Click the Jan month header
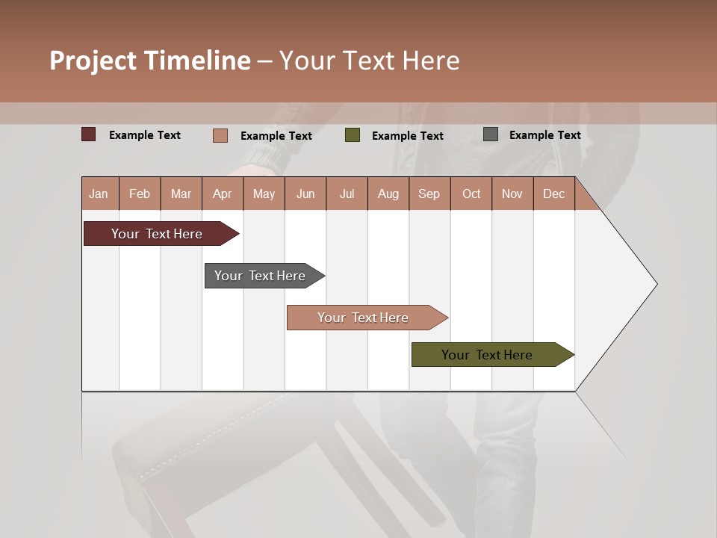click(x=99, y=194)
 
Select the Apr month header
click(x=222, y=194)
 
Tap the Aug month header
click(x=388, y=194)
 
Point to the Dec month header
click(x=553, y=194)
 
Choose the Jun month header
click(x=305, y=194)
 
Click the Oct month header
click(x=471, y=194)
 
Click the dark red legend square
click(x=89, y=134)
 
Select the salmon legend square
click(x=220, y=135)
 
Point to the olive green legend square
click(x=353, y=135)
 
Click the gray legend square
click(x=491, y=134)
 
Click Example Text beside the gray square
click(x=544, y=134)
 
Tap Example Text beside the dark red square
click(x=145, y=134)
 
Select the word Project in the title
click(x=93, y=61)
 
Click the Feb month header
click(x=140, y=194)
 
